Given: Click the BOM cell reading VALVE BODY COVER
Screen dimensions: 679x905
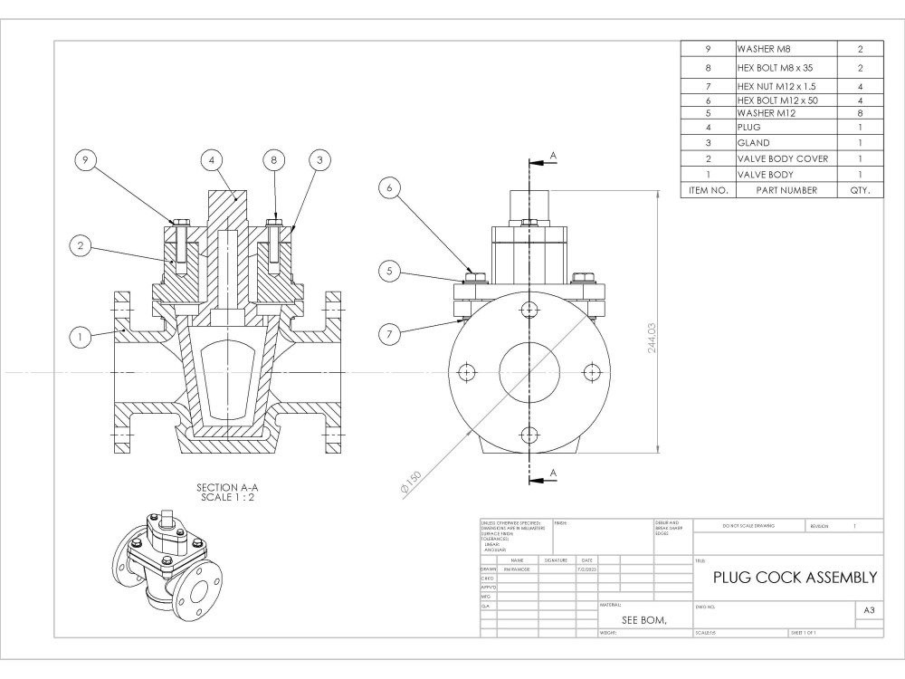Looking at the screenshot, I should [x=783, y=158].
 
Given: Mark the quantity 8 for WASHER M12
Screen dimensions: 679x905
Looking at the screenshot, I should [x=860, y=113].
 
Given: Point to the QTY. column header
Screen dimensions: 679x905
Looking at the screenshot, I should [x=860, y=190].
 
